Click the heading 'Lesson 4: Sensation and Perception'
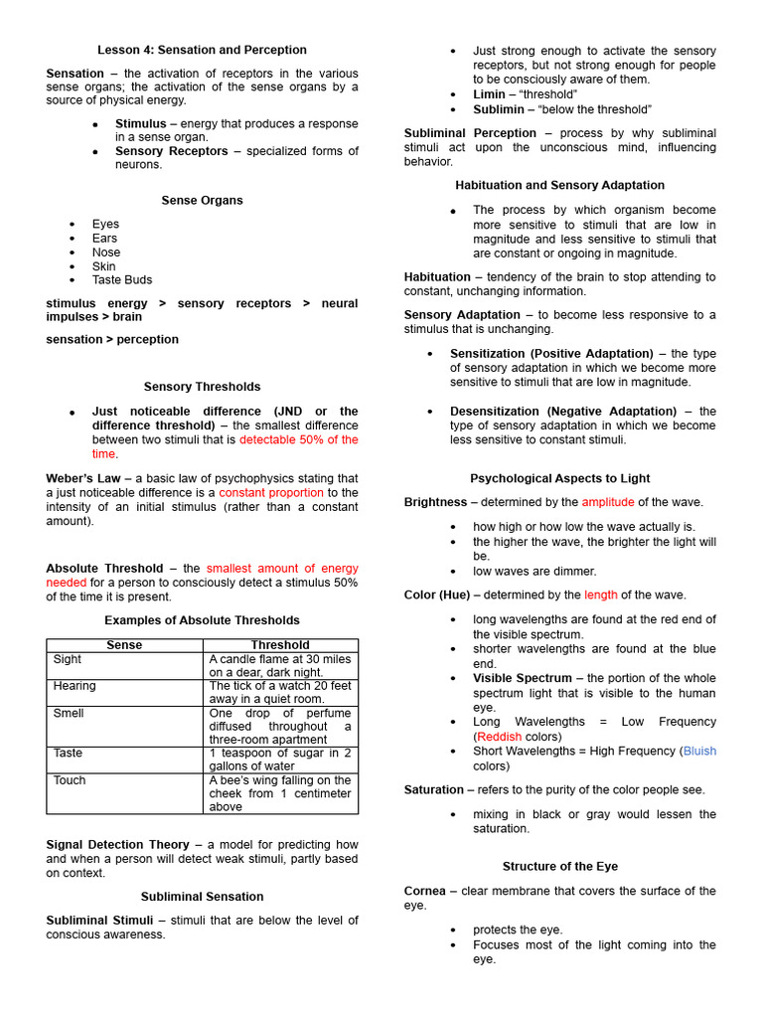pyautogui.click(x=202, y=50)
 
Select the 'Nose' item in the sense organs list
pyautogui.click(x=106, y=253)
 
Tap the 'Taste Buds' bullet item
pyautogui.click(x=122, y=280)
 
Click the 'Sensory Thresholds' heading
pyautogui.click(x=202, y=387)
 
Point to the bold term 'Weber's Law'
pyautogui.click(x=83, y=478)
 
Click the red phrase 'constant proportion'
pyautogui.click(x=271, y=493)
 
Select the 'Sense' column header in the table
pyautogui.click(x=124, y=645)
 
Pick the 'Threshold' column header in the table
pyautogui.click(x=280, y=645)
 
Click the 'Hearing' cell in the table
pyautogui.click(x=75, y=686)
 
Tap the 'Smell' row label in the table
pyautogui.click(x=69, y=713)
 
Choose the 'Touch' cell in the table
pyautogui.click(x=70, y=780)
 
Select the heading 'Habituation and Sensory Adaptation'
pyautogui.click(x=559, y=186)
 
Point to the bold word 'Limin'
pyautogui.click(x=489, y=94)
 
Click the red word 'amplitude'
pyautogui.click(x=608, y=502)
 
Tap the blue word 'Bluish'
pyautogui.click(x=699, y=752)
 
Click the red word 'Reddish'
pyautogui.click(x=500, y=737)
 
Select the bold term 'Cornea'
pyautogui.click(x=425, y=891)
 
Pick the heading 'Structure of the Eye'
pyautogui.click(x=559, y=867)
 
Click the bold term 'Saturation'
pyautogui.click(x=433, y=789)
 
